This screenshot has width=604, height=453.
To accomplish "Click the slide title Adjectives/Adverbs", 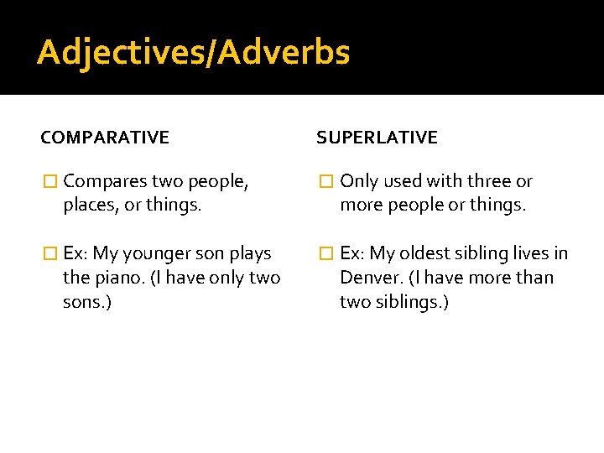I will coord(193,53).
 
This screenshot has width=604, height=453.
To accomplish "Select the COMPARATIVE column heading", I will coord(105,138).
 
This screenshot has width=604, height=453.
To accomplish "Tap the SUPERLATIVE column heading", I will coord(377,138).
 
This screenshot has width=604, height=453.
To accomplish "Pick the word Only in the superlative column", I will coord(360,181).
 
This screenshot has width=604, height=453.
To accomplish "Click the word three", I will coord(490,181).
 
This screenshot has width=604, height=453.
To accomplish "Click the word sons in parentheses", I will coord(84,302).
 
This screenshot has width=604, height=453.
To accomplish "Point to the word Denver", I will coord(368,278).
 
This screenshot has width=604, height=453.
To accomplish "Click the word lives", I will coord(529,253).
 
